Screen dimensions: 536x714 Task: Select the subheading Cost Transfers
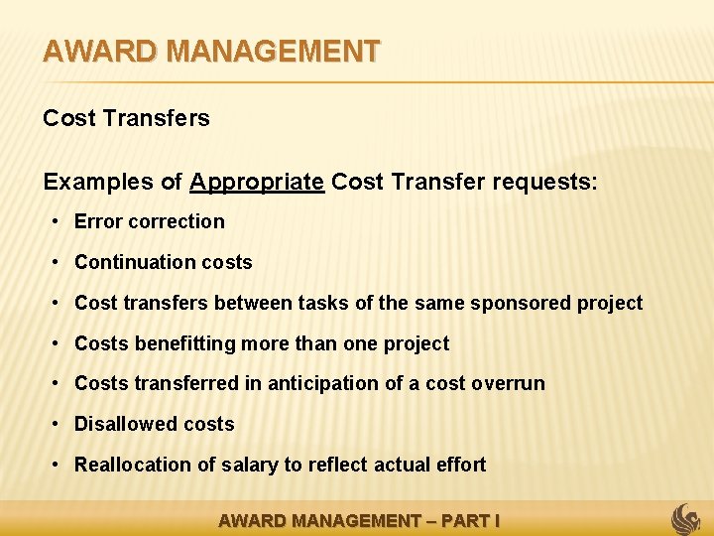(126, 118)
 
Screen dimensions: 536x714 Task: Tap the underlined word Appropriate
(257, 183)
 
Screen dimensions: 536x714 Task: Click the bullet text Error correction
(150, 221)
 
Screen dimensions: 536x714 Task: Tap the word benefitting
(190, 343)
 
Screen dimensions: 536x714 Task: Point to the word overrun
(508, 383)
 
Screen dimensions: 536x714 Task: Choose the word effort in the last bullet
(459, 465)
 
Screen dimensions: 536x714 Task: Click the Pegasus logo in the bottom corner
(686, 518)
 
